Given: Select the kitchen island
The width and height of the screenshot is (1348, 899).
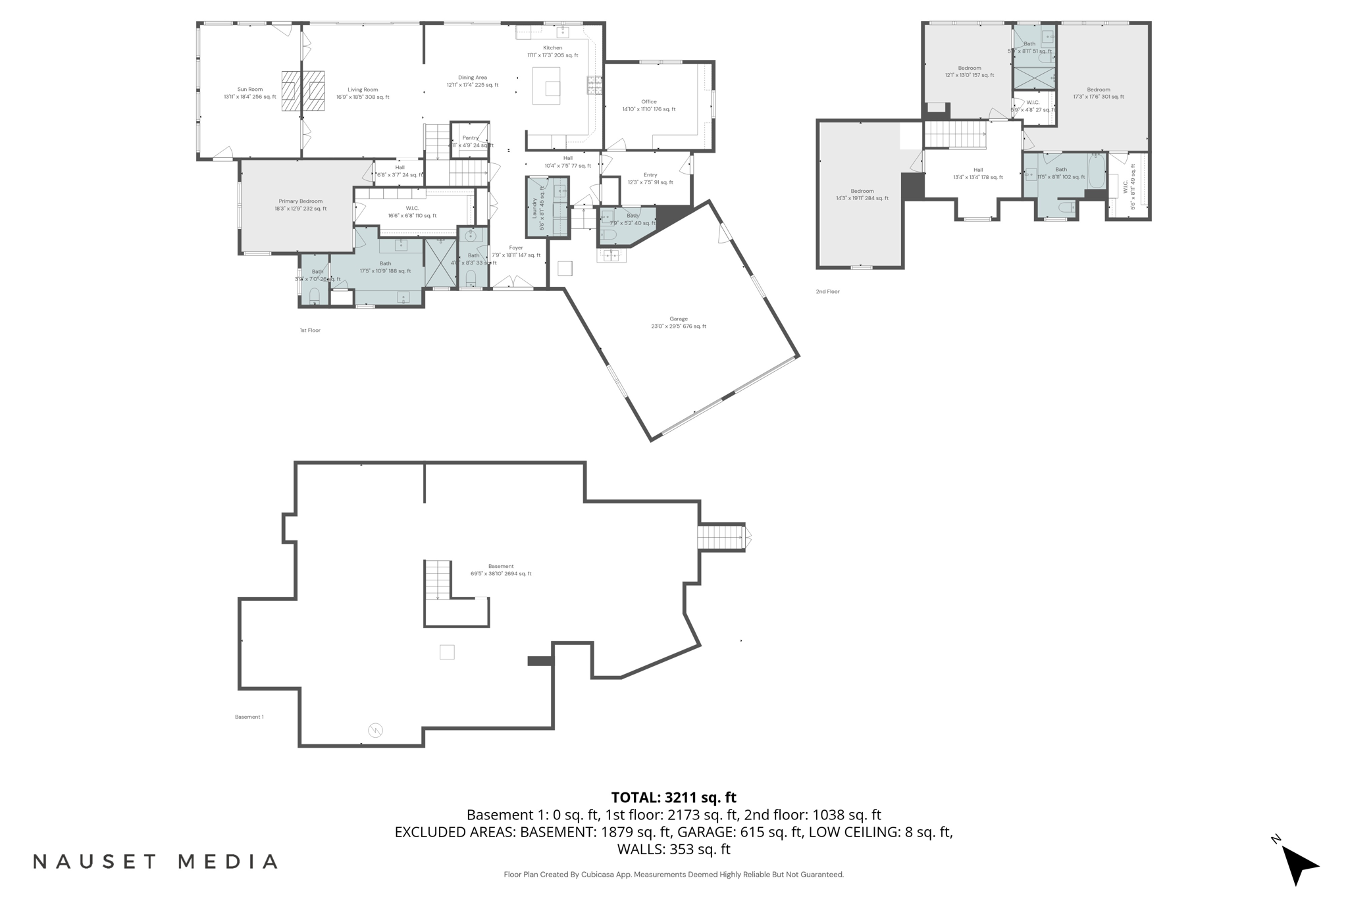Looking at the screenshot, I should (x=546, y=86).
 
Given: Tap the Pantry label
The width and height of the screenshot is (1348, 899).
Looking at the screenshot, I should (x=470, y=138).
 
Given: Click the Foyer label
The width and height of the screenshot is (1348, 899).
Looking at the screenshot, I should (x=516, y=248).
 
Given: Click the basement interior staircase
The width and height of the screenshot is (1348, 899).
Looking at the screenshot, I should (x=438, y=580).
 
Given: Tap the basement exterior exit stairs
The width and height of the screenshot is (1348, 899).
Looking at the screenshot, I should (x=721, y=537).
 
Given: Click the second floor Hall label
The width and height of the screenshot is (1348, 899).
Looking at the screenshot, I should (x=978, y=170).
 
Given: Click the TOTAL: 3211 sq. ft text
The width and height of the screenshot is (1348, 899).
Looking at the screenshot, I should (x=673, y=798).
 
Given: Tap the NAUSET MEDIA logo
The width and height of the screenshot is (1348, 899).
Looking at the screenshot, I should (x=155, y=861).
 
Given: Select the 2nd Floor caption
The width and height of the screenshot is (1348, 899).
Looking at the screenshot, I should (x=827, y=292).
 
